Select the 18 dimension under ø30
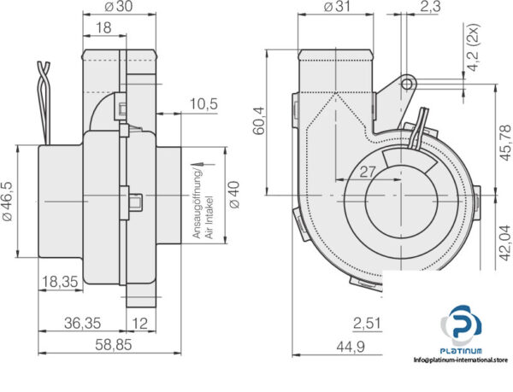point(102,28)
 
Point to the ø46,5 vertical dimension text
point(8,202)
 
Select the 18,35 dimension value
point(62,280)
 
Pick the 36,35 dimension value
point(84,323)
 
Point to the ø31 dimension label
point(338,8)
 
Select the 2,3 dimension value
point(431,8)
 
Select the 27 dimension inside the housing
point(368,171)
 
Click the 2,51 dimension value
point(366,323)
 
